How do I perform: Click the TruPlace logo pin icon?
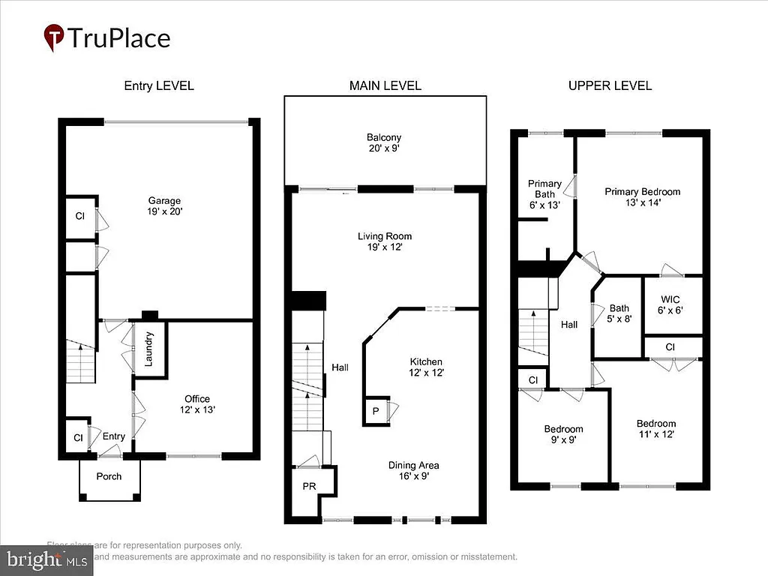click(54, 37)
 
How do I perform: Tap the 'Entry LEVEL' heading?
click(158, 85)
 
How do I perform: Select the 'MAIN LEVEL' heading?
click(385, 85)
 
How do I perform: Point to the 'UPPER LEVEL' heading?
click(609, 85)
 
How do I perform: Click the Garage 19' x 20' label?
click(164, 206)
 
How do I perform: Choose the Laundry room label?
click(149, 349)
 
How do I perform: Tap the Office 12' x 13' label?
click(197, 404)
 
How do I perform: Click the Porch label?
click(109, 476)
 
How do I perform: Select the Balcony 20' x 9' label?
click(384, 142)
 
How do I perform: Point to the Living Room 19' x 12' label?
click(384, 241)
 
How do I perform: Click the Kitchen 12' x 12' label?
click(425, 367)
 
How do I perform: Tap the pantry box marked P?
click(375, 411)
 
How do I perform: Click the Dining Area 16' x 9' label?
click(413, 469)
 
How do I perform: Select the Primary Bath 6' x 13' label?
click(544, 194)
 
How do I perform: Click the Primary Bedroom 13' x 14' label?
click(642, 196)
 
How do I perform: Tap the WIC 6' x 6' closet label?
click(672, 304)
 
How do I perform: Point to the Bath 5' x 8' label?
click(619, 313)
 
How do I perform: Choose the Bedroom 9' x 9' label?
click(563, 435)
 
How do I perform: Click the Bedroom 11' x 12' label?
click(655, 429)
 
